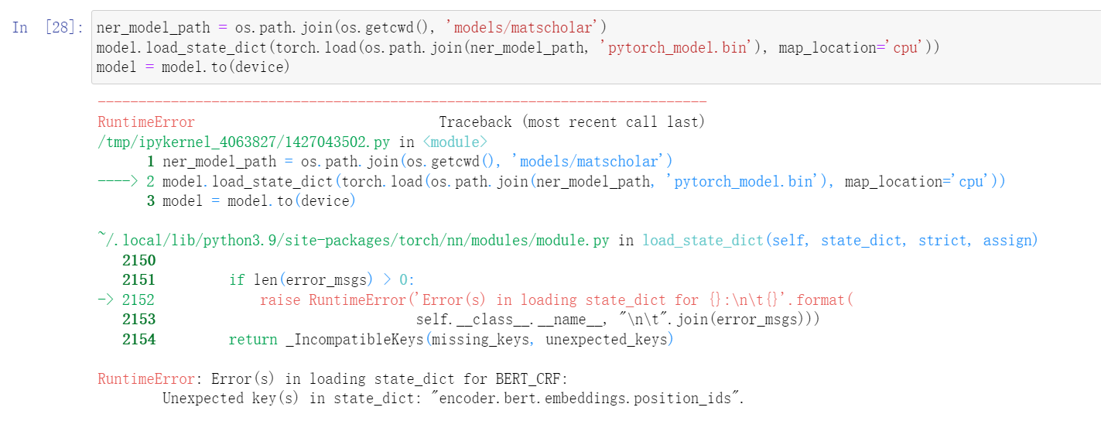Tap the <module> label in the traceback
454,142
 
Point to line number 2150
138,261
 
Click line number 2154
138,340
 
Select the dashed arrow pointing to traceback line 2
118,182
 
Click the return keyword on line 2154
252,340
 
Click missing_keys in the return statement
484,340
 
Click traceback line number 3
150,201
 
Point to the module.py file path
353,241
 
